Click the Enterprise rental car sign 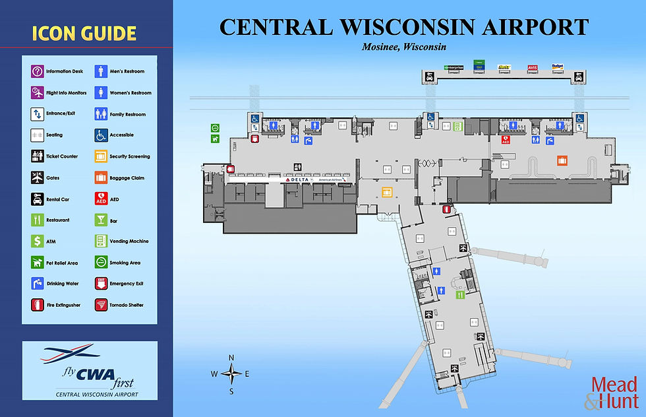(x=454, y=67)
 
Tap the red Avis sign (x=533, y=67)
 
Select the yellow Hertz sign (x=505, y=67)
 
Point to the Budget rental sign (x=557, y=67)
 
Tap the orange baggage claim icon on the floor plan (x=562, y=160)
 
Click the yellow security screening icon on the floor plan (x=388, y=192)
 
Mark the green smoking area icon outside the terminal (x=215, y=128)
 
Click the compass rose (x=231, y=374)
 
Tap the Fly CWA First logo (x=89, y=370)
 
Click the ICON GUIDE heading (x=83, y=33)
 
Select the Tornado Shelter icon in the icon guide (x=101, y=305)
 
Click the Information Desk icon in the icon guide (x=37, y=71)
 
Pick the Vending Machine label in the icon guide (x=129, y=241)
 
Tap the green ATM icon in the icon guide (x=37, y=241)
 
